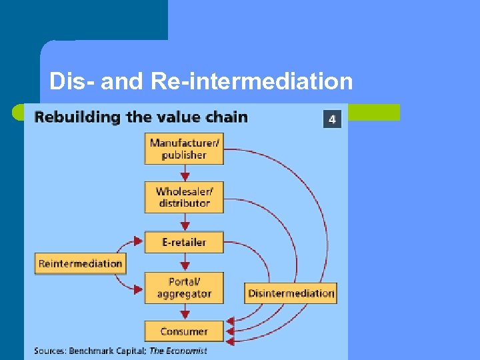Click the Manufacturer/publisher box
[184, 148]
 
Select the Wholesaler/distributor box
[184, 197]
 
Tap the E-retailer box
[184, 242]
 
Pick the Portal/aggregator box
[184, 287]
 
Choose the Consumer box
[184, 331]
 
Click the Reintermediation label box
[80, 263]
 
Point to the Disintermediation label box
[290, 293]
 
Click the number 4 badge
[333, 119]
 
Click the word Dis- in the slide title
[71, 81]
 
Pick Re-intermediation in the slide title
[251, 81]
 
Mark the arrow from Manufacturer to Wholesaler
[184, 173]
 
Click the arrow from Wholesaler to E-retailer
[184, 223]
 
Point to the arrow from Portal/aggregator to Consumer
[184, 312]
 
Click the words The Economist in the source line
[179, 351]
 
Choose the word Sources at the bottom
[50, 351]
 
